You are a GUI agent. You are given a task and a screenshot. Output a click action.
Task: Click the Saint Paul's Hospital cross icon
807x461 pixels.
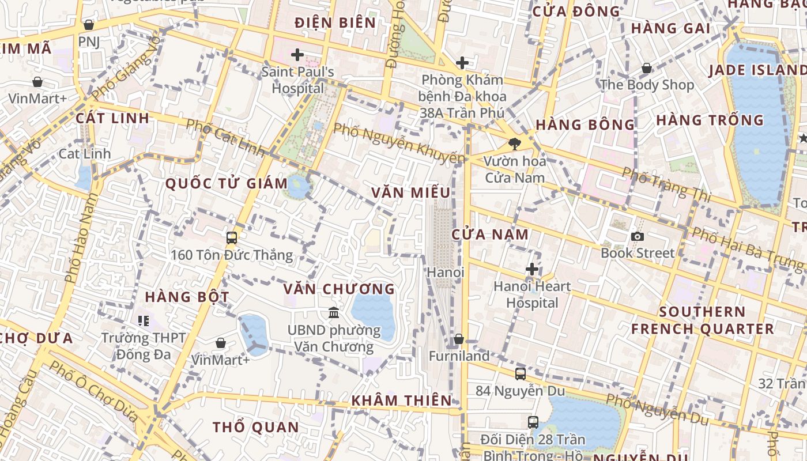coord(297,55)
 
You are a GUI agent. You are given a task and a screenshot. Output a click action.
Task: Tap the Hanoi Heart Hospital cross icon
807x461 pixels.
coord(532,269)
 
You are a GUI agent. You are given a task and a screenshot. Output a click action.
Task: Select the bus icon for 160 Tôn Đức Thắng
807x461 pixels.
coord(232,237)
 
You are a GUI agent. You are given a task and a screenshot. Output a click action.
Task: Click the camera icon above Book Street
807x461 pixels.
coord(638,236)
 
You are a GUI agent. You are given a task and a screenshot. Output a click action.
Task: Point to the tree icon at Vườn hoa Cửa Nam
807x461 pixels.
coord(515,145)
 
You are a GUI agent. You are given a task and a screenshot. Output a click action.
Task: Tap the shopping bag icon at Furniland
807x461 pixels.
coord(459,339)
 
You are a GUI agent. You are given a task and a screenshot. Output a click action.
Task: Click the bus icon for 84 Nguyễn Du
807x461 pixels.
coord(521,374)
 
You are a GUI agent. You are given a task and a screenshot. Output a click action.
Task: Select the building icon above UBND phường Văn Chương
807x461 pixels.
coord(334,313)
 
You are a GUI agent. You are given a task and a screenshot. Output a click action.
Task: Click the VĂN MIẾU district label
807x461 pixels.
coord(410,192)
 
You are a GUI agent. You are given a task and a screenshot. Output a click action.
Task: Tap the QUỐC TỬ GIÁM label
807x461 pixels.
coord(227,184)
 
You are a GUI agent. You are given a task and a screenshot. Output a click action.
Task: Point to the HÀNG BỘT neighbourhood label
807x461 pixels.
coord(187,297)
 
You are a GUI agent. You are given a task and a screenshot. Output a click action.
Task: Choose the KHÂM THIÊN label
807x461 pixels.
coord(402,400)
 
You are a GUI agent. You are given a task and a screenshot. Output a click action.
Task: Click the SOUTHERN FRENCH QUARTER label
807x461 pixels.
coord(702,320)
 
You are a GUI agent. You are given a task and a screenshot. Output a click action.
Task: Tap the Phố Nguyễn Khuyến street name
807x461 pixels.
coord(399,143)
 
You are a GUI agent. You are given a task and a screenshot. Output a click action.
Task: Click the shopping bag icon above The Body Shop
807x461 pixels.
coord(647,68)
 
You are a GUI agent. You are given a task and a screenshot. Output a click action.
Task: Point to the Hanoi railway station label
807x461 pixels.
coord(446,271)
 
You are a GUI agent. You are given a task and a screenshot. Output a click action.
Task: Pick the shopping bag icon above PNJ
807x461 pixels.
coord(89,25)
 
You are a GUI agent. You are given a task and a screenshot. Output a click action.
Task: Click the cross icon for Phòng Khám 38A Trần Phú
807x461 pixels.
coord(462,63)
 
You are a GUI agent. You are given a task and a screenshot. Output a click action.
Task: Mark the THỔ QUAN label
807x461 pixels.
coord(256,427)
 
